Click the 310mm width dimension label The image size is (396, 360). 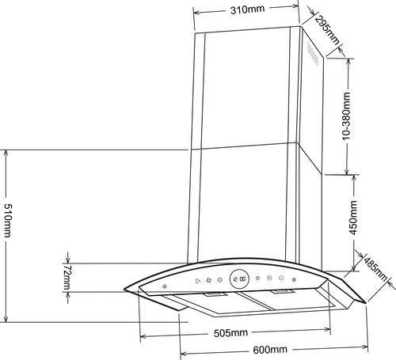[247, 9]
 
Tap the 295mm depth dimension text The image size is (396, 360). [327, 30]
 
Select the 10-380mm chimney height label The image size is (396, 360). [346, 116]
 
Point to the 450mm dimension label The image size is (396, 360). [353, 218]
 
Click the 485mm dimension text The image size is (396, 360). [375, 268]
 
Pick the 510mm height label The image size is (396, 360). [8, 220]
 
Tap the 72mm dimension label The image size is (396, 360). [67, 278]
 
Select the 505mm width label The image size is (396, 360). [230, 333]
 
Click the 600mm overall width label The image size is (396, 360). [270, 350]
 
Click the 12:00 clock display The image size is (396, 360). [239, 279]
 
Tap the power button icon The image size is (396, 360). [281, 278]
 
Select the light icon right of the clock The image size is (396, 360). [257, 278]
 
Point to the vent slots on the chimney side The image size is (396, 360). [313, 55]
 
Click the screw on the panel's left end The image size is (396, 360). [165, 286]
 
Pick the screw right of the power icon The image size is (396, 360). [294, 279]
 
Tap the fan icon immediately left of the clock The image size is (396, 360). [219, 279]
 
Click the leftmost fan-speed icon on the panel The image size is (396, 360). [197, 281]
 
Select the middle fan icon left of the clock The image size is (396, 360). [208, 280]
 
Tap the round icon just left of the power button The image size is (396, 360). [269, 278]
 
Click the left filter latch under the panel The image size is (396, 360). [215, 294]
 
